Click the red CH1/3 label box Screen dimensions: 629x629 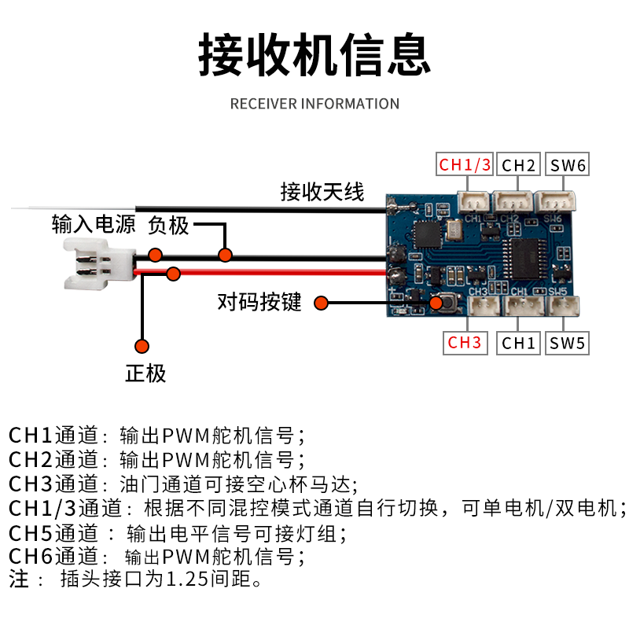pos(465,165)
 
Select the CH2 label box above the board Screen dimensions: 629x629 pos(518,165)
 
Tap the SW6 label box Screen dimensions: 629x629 pos(567,165)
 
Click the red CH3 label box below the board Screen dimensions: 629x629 pos(465,343)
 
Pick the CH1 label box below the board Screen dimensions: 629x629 pos(518,343)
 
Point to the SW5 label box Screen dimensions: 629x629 pos(567,343)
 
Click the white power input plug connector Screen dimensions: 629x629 pos(92,264)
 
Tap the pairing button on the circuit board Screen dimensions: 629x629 pos(438,303)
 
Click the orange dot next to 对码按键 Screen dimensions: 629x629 pos(320,303)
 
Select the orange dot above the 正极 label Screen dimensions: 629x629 pos(142,346)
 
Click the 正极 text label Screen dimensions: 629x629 pos(145,373)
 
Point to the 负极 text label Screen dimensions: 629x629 pos(168,226)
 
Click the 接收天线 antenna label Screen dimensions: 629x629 pos(322,191)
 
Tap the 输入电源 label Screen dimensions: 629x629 pos(94,225)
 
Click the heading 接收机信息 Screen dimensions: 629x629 pos(314,53)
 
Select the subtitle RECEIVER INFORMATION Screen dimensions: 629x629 pos(314,104)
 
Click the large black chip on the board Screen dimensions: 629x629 pos(522,258)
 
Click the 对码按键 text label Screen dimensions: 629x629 pos(259,302)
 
